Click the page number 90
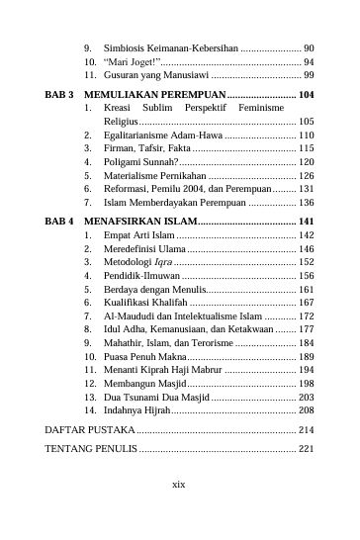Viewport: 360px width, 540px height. coord(309,46)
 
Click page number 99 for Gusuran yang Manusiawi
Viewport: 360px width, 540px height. coord(309,75)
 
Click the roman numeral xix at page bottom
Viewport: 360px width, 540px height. coord(179,485)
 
